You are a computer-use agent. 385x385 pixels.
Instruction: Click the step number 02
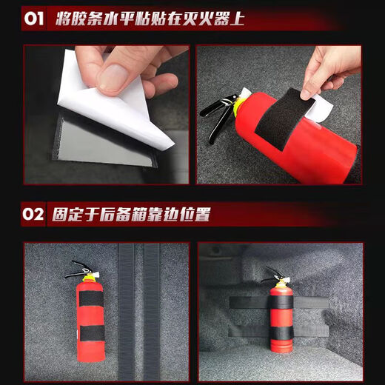[x=35, y=215]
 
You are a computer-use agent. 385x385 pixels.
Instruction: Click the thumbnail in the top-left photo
[x=117, y=75]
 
